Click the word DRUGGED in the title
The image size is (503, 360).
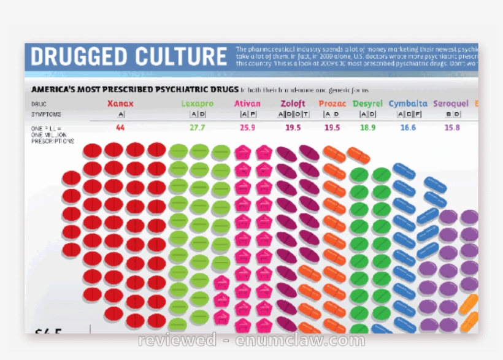pos(76,57)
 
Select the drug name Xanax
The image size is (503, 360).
pos(120,104)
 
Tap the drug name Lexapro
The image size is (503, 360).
pos(198,104)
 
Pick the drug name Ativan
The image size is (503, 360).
pos(248,104)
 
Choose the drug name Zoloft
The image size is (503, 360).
pos(293,104)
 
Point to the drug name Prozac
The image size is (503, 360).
pos(332,104)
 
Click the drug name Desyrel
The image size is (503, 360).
pos(367,104)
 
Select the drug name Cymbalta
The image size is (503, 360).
pos(408,104)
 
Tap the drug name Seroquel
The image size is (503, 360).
pos(451,104)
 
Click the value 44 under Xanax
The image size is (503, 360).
pos(120,128)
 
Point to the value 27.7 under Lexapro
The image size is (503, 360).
pos(198,128)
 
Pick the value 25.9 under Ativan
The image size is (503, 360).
pos(248,128)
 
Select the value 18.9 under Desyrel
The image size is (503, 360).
pos(367,128)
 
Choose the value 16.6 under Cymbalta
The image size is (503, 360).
pos(408,128)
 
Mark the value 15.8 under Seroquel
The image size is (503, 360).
pos(452,128)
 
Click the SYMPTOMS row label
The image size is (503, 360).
pos(47,115)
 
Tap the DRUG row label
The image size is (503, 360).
pos(39,104)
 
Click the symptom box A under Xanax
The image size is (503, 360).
pos(121,115)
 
